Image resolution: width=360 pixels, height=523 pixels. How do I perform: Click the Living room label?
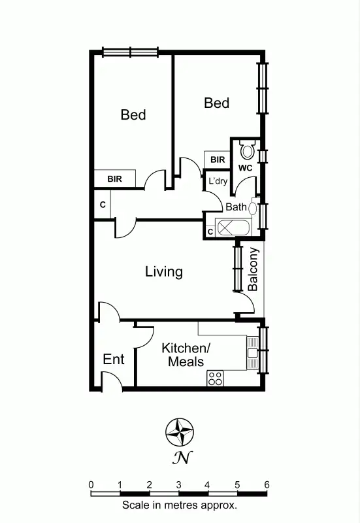pos(163,271)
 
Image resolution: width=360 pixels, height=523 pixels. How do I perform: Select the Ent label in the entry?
pos(114,360)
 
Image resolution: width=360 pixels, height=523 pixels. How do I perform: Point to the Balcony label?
pos(254,269)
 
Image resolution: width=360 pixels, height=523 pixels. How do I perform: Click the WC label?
pos(245,168)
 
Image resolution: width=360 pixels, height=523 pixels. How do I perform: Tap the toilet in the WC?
pos(247,150)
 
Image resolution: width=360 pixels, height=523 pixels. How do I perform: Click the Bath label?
pos(236,207)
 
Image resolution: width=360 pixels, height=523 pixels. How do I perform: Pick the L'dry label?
pos(218,180)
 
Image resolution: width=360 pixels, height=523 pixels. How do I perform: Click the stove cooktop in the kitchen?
pos(216,377)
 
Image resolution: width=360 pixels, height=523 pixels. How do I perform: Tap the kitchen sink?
pos(252,354)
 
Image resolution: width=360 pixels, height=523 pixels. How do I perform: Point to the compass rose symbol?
pos(180,432)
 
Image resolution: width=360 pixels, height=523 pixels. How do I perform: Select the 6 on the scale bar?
pos(267,484)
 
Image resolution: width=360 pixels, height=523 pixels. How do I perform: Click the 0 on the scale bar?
pos(91,484)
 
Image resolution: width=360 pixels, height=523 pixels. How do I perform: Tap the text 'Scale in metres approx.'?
pos(179,505)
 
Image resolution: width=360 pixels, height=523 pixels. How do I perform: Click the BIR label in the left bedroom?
pos(114,178)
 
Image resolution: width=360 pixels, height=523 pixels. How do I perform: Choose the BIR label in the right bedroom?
pos(218,160)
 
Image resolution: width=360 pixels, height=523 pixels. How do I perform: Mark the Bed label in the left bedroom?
pos(133,115)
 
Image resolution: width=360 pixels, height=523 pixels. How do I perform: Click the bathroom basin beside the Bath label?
pos(252,207)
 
